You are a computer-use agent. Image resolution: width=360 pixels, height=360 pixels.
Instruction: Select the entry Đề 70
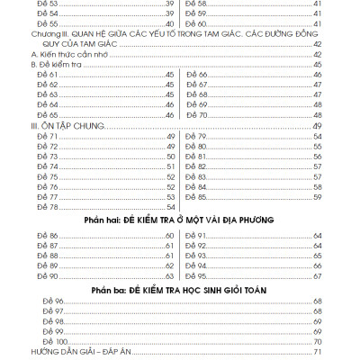(x=197, y=114)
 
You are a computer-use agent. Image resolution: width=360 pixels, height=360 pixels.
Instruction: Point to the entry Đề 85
(x=197, y=197)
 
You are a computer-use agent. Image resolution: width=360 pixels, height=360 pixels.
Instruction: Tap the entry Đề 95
(x=197, y=276)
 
